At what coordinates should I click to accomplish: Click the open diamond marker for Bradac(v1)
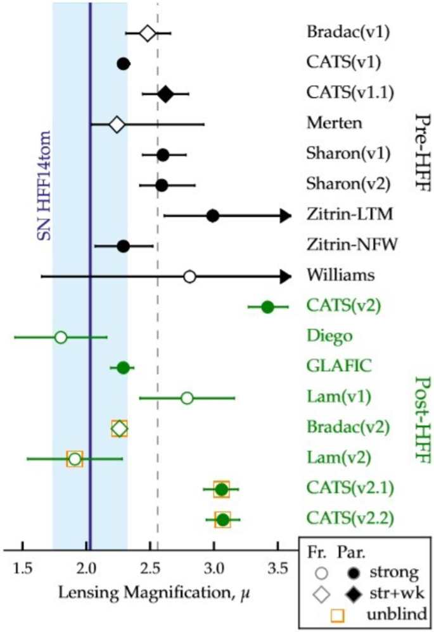[x=147, y=33]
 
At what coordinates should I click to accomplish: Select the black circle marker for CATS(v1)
[x=124, y=63]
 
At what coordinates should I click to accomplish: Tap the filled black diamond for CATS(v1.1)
[x=165, y=94]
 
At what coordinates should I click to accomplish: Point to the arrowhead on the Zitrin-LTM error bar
[x=284, y=216]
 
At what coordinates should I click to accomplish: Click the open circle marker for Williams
[x=189, y=276]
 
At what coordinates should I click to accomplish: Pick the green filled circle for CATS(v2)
[x=267, y=307]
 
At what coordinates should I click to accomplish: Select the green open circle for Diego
[x=61, y=337]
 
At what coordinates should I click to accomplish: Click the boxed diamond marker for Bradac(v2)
[x=119, y=428]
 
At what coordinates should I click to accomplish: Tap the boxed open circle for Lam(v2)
[x=75, y=459]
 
